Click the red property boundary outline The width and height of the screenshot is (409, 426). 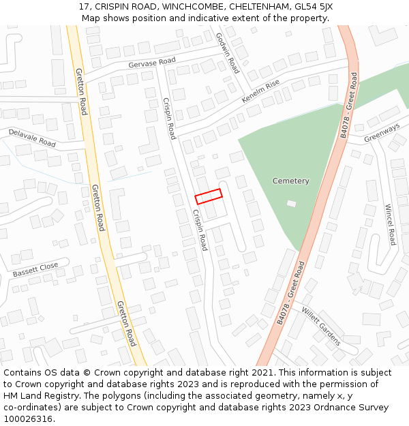click(x=209, y=196)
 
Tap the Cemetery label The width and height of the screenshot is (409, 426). click(x=291, y=181)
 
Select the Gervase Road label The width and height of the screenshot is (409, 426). click(x=151, y=63)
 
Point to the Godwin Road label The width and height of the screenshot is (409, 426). click(x=228, y=53)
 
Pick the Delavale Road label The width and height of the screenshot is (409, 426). click(x=33, y=138)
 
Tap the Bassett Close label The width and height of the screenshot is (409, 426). click(x=35, y=269)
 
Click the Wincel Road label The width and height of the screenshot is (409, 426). click(x=390, y=225)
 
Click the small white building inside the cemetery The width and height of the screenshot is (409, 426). click(x=292, y=203)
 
